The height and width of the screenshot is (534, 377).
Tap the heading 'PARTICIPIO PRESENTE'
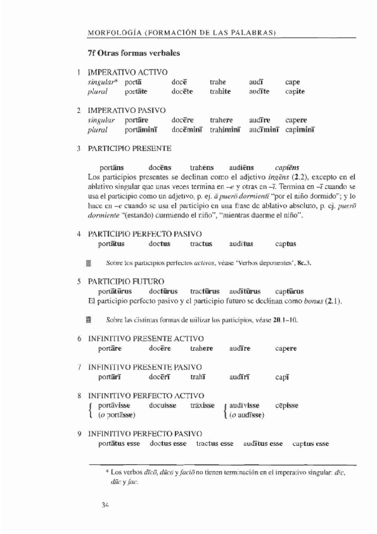coord(128,149)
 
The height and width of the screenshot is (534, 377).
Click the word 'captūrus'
coord(290,291)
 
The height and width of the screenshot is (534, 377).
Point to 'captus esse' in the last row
coord(311,444)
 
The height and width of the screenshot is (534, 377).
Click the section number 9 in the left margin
coord(79,435)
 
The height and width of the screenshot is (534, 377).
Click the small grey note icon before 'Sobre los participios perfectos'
coord(89,262)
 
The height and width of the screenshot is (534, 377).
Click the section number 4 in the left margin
coord(79,234)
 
